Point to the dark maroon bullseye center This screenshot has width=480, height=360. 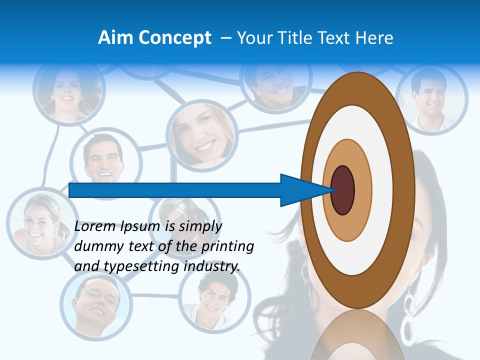pos(343,190)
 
